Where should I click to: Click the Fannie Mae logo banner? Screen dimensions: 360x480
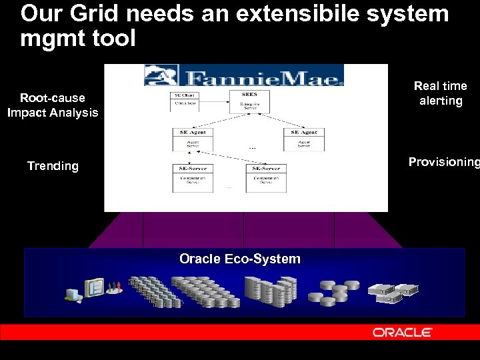click(x=244, y=75)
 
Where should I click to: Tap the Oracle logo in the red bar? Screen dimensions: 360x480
click(x=403, y=332)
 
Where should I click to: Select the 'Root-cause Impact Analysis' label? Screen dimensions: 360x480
click(x=53, y=105)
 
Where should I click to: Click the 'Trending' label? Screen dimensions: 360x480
click(x=53, y=166)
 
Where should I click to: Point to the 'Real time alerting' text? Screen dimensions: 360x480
click(x=440, y=93)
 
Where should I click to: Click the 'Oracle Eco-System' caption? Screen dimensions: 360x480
click(x=240, y=259)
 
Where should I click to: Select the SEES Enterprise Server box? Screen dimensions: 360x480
click(x=249, y=101)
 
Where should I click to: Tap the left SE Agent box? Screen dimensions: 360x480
click(x=192, y=139)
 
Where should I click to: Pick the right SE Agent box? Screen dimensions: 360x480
click(x=304, y=139)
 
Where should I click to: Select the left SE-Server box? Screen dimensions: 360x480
click(x=192, y=178)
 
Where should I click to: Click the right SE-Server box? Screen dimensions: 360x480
click(x=266, y=178)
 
